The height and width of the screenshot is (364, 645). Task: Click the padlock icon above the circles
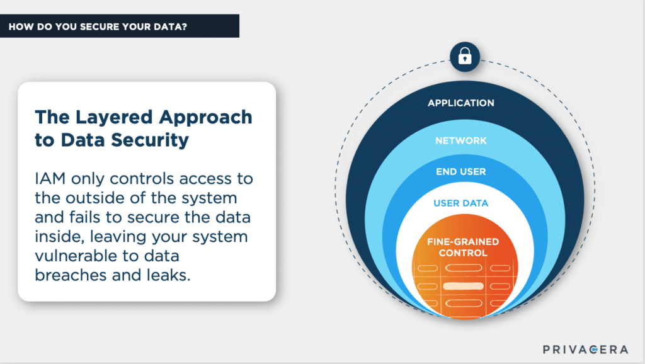[465, 56]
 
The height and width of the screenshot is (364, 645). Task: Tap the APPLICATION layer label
[460, 103]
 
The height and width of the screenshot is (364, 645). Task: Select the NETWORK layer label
[460, 140]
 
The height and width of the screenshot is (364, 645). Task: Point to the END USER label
[460, 171]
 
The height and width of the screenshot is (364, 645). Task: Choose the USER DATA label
[460, 203]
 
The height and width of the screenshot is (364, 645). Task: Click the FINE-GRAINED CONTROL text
[463, 247]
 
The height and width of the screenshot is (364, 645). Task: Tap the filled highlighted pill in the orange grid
[463, 287]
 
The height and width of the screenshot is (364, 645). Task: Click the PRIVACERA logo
[585, 350]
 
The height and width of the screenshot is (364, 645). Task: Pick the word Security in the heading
[150, 140]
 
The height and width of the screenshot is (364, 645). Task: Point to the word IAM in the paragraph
[50, 178]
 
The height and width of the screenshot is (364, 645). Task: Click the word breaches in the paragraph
[71, 275]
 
